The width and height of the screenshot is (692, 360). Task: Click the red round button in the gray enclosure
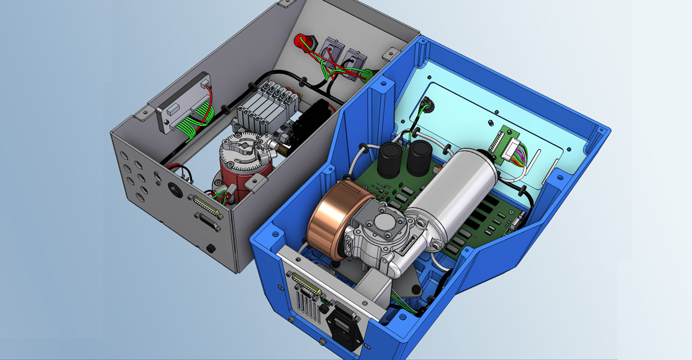(303, 42)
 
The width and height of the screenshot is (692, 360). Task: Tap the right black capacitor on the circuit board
(419, 157)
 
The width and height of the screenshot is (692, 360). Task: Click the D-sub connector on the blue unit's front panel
(306, 286)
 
